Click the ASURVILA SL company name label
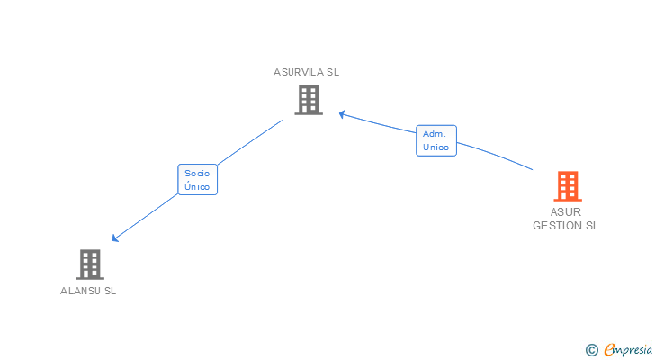307,72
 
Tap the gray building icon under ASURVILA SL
308,100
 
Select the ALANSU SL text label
88,291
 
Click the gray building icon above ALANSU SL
90,264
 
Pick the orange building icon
567,186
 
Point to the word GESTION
556,226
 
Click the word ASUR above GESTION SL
566,212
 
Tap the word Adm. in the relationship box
435,133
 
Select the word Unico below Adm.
435,147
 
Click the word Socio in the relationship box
197,172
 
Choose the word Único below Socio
197,186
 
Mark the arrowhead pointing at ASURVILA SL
342,113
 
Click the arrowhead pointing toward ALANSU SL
114,238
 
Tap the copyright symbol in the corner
591,349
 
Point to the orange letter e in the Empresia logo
609,349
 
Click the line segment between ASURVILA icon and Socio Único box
251,142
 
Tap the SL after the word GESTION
591,226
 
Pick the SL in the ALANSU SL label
110,291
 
